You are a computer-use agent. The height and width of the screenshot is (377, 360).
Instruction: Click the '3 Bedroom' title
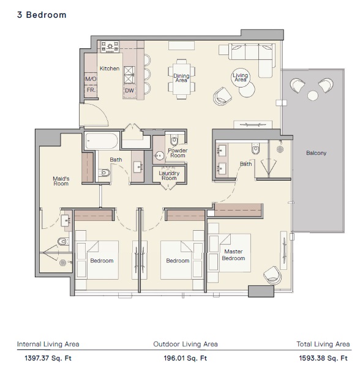[x=42, y=15]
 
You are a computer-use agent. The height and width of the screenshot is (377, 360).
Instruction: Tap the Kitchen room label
[x=110, y=69]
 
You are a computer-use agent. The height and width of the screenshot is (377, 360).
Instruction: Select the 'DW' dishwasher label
[x=129, y=91]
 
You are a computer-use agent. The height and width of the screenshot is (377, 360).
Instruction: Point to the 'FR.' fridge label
[x=91, y=90]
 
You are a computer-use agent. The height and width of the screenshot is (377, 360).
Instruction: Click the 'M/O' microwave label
[x=91, y=79]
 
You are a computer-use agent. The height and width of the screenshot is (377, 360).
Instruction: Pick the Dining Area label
[x=181, y=77]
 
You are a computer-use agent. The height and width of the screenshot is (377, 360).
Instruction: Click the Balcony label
[x=317, y=153]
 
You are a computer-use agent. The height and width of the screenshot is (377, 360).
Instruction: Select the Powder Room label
[x=178, y=153]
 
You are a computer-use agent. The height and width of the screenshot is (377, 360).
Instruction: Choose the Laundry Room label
[x=168, y=176]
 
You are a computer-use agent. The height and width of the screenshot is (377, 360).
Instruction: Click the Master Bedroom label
[x=234, y=255]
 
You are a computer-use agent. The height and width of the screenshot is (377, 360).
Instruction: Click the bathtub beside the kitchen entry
[x=102, y=141]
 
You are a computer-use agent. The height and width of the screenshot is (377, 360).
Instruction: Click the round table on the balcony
[x=313, y=95]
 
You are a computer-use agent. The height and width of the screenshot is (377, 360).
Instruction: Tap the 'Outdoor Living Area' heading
[x=186, y=344]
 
